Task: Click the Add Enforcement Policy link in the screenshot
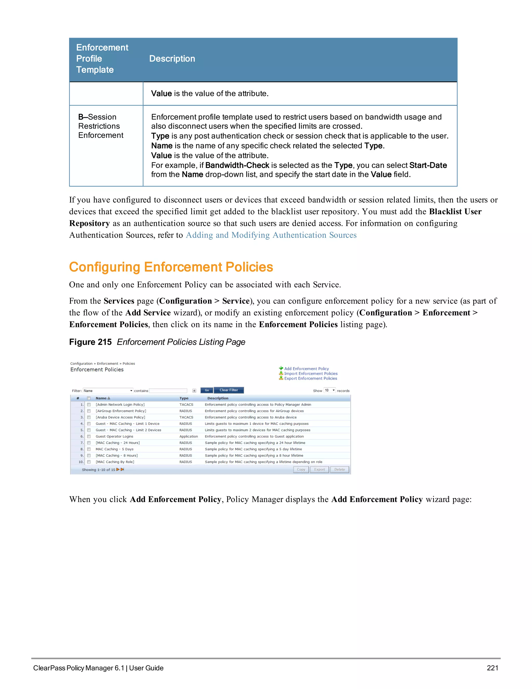click(x=306, y=368)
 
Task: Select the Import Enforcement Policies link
click(x=310, y=374)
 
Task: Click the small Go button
click(x=207, y=390)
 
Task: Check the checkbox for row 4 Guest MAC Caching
click(x=89, y=424)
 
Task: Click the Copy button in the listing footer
click(x=301, y=469)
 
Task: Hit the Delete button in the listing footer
click(x=340, y=469)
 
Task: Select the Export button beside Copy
click(x=319, y=469)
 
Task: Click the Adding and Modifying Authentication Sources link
click(x=271, y=235)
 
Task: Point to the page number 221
click(x=492, y=668)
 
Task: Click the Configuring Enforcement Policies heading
click(x=171, y=267)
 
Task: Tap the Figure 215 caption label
click(x=90, y=342)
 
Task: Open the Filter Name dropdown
click(x=108, y=391)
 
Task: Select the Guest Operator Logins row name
click(x=114, y=436)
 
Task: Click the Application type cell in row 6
click(x=189, y=436)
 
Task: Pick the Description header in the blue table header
click(x=172, y=59)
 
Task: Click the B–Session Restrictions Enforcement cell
click(x=101, y=126)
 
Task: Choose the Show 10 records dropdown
click(x=330, y=391)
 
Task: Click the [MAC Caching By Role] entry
click(x=115, y=462)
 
